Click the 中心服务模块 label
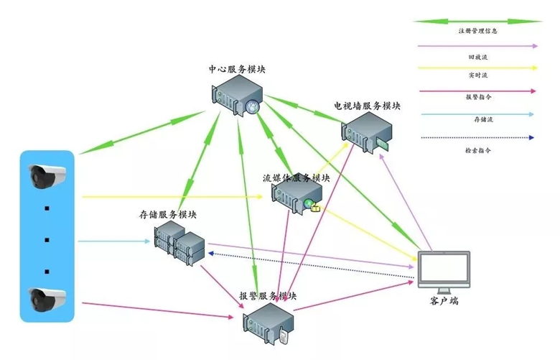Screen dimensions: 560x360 237,69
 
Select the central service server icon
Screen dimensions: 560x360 237,96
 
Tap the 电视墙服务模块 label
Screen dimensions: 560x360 367,106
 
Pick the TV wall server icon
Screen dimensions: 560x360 366,132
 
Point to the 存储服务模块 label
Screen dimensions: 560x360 168,215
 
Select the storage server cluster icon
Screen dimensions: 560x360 179,243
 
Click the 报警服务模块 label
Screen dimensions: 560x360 268,296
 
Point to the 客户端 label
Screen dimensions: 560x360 444,300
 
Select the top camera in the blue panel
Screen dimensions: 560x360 47,176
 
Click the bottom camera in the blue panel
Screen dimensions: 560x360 47,300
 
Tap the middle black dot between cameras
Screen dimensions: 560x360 47,240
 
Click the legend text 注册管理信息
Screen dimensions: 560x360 478,31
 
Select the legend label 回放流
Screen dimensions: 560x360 478,57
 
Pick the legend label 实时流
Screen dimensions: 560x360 478,75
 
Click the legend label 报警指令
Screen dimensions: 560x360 479,97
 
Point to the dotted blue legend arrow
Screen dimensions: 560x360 477,138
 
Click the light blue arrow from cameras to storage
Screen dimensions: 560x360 114,241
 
